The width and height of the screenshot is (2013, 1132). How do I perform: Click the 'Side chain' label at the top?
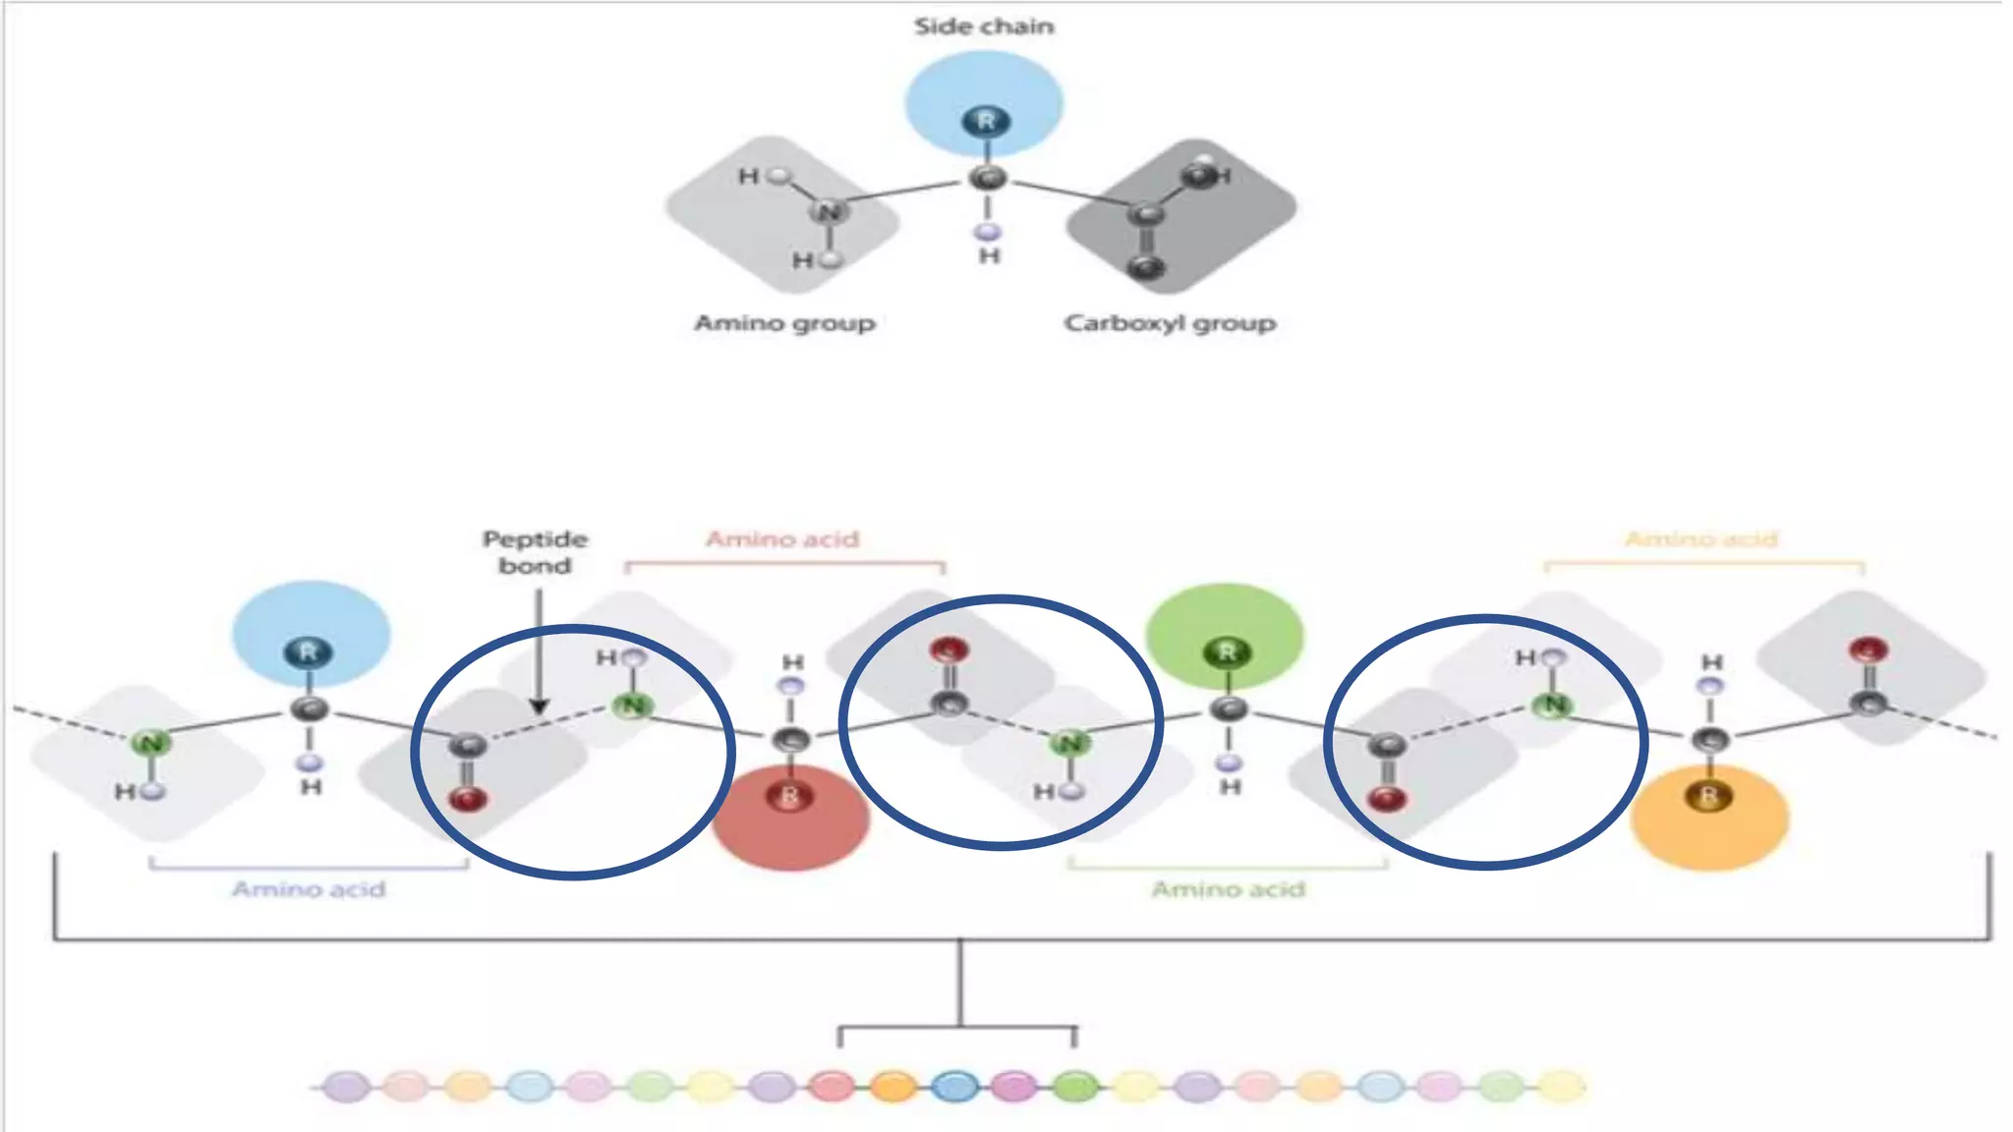pyautogui.click(x=984, y=27)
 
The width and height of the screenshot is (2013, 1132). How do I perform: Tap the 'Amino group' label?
pyautogui.click(x=784, y=323)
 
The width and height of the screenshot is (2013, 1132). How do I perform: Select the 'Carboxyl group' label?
pyautogui.click(x=1170, y=323)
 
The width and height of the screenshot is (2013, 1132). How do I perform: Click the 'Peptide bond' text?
pyautogui.click(x=535, y=552)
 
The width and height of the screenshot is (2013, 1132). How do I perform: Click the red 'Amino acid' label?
pyautogui.click(x=782, y=539)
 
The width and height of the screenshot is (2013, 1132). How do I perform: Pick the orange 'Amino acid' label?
pyautogui.click(x=1701, y=539)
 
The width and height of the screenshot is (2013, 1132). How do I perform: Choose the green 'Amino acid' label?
pyautogui.click(x=1228, y=889)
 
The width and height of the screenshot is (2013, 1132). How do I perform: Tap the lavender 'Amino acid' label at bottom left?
pyautogui.click(x=309, y=889)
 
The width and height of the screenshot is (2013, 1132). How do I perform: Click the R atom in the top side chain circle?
pyautogui.click(x=986, y=122)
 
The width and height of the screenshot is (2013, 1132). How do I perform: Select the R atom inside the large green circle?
pyautogui.click(x=1226, y=652)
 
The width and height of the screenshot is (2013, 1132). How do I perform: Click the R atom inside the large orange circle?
pyautogui.click(x=1708, y=796)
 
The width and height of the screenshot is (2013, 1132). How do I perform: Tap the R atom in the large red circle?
pyautogui.click(x=789, y=796)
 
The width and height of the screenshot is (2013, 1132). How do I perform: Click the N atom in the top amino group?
pyautogui.click(x=829, y=211)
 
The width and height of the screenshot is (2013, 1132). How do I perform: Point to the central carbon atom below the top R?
pyautogui.click(x=987, y=179)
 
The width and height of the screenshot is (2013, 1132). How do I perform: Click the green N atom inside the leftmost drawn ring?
pyautogui.click(x=634, y=706)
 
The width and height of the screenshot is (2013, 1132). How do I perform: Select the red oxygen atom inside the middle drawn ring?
pyautogui.click(x=949, y=651)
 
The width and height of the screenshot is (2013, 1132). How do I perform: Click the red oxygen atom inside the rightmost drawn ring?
pyautogui.click(x=1386, y=798)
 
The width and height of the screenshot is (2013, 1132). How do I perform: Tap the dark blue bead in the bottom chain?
pyautogui.click(x=953, y=1087)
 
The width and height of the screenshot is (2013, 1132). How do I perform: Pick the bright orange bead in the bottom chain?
pyautogui.click(x=893, y=1087)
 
